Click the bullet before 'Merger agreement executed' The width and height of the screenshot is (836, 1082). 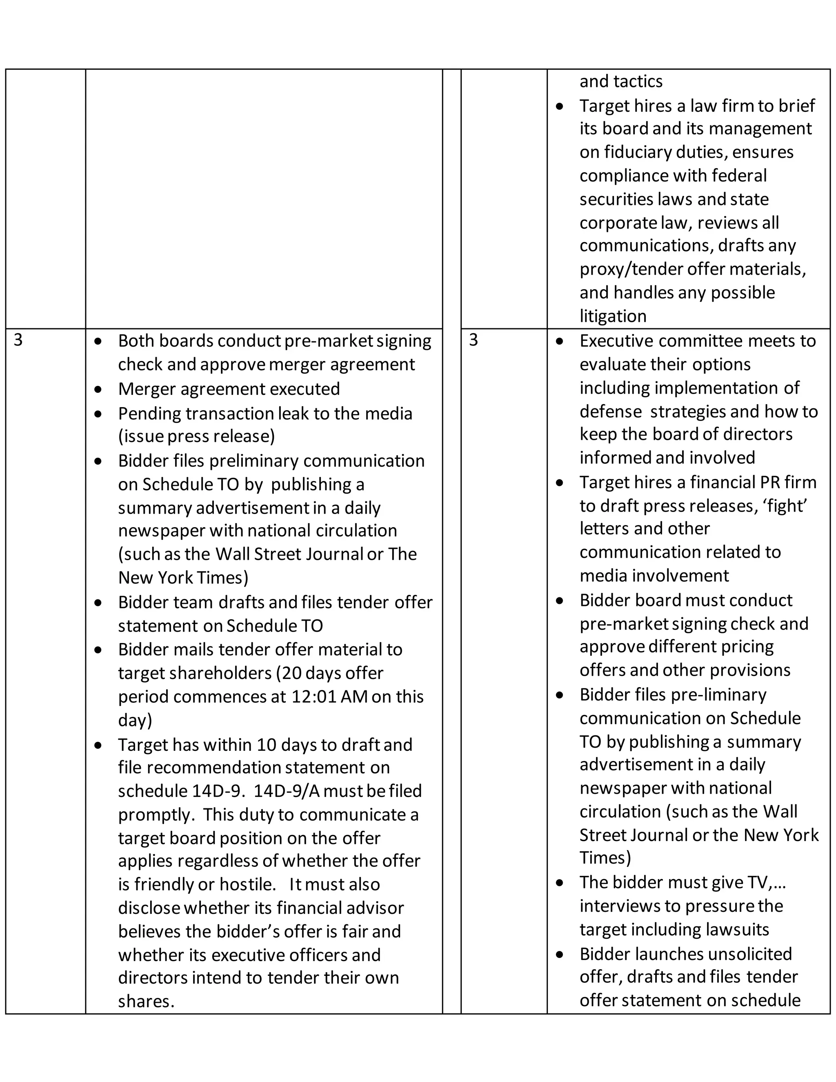click(x=98, y=390)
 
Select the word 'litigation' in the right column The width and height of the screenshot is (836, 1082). click(x=613, y=316)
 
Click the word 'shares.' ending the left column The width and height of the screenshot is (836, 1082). click(x=146, y=1001)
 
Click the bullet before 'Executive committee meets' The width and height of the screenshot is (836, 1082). click(x=560, y=341)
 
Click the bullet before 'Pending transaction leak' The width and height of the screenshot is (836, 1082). click(x=98, y=414)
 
